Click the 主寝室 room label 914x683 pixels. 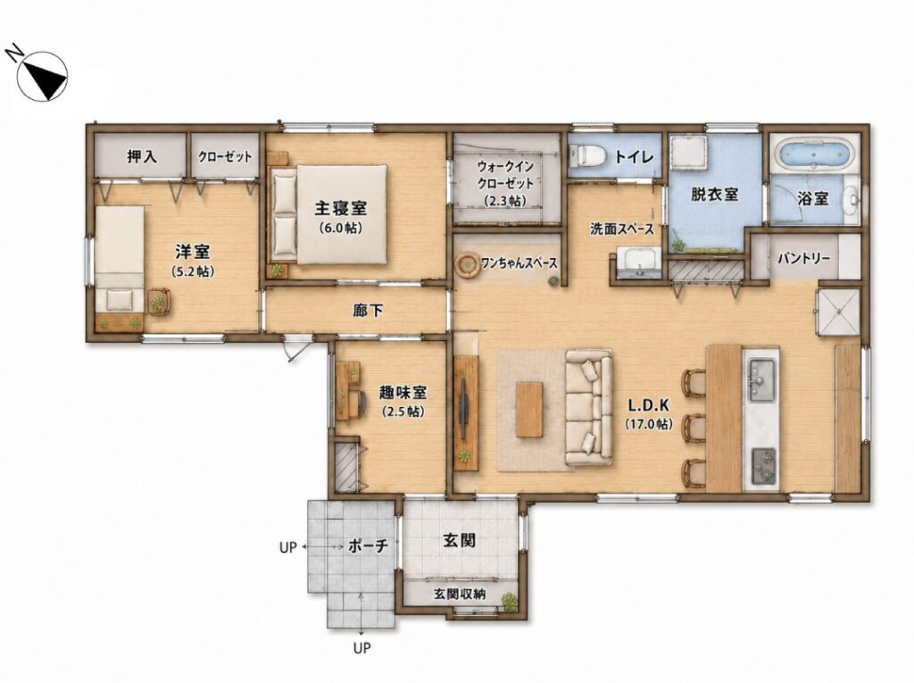coord(340,208)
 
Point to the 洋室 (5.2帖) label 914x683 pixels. coord(193,261)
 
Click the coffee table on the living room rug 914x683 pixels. coord(529,409)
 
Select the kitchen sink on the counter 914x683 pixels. coord(762,379)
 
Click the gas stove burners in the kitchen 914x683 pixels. coord(763,466)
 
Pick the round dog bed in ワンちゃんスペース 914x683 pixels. coord(468,265)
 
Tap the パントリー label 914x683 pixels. coord(804,258)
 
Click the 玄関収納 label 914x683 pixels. coord(460,595)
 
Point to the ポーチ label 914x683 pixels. coord(368,546)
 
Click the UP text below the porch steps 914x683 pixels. coord(362,647)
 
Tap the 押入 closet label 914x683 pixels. coord(142,155)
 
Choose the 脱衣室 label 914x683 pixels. coord(715,194)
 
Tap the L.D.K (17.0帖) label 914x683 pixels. coord(649,414)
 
